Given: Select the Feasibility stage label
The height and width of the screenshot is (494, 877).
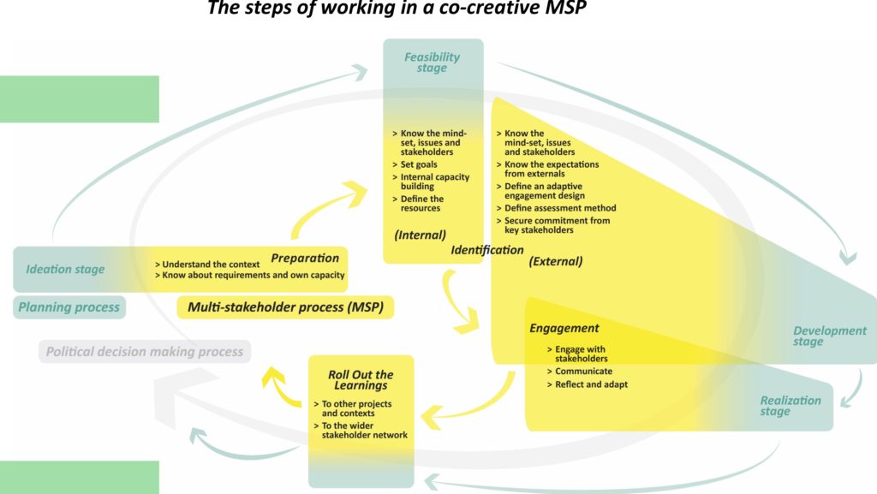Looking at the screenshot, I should coord(432,62).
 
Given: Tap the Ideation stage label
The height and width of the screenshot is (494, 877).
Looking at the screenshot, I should coord(65,270).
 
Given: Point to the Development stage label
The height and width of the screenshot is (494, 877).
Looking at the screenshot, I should coord(829,336).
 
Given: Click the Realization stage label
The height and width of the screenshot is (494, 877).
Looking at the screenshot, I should coord(790,406).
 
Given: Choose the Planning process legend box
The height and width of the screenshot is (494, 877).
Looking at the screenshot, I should coord(69,307).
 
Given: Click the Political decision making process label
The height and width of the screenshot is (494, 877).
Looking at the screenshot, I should coord(145,351).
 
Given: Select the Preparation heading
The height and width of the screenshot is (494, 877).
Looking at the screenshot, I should coord(305,258).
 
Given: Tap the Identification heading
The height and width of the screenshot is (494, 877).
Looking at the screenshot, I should coord(486,250).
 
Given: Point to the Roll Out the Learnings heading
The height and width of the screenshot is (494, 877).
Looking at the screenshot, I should coord(361,380).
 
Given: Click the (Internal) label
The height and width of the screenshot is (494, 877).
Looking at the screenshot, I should coord(421,234).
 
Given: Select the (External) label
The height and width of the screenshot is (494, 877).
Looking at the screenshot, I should coord(555,261).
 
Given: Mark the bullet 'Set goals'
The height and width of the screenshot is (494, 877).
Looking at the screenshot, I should coord(420,164).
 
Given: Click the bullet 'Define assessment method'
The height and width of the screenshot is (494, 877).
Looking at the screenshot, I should coord(557,208).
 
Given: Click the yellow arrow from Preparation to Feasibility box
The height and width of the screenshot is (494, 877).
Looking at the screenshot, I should coord(322,210).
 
